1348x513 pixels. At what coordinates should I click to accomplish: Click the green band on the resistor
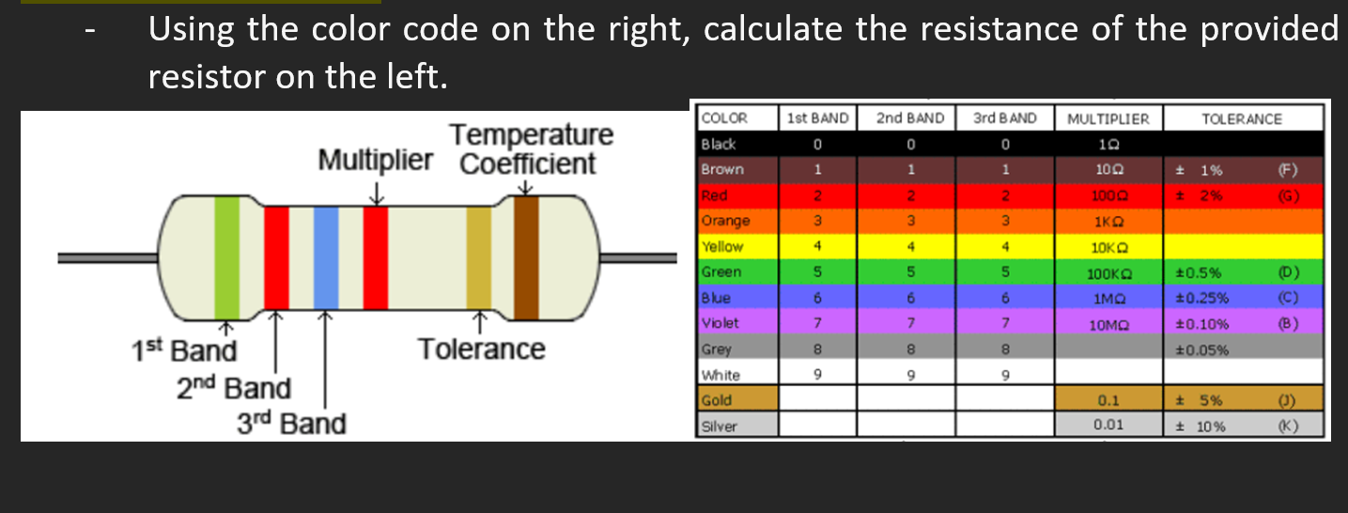tap(226, 256)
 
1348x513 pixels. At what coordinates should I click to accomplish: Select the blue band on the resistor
tap(325, 256)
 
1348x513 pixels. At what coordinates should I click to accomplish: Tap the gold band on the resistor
tap(479, 256)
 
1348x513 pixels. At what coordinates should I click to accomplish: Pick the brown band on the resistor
tap(525, 256)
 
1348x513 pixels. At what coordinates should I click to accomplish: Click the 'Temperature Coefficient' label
tap(530, 148)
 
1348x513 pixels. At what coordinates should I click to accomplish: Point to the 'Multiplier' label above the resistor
tap(376, 160)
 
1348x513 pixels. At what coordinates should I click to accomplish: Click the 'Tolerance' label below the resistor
tap(481, 349)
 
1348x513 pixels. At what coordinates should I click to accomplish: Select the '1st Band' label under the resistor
tap(183, 351)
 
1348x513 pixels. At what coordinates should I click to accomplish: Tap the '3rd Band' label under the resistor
tap(290, 424)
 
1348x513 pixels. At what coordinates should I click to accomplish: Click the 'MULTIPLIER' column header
tap(1108, 118)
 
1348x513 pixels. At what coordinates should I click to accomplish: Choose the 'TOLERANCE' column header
tap(1241, 118)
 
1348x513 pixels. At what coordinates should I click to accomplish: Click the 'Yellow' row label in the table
tap(722, 247)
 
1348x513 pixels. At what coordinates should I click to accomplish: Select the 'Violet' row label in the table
tap(720, 323)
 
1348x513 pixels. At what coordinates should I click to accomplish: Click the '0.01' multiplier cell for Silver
tap(1109, 425)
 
